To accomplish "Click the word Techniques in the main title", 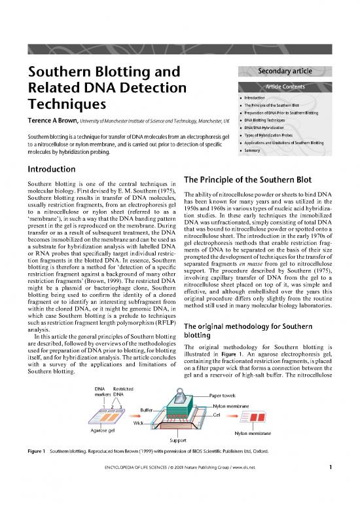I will [64, 104].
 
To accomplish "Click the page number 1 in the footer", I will [332, 502].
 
